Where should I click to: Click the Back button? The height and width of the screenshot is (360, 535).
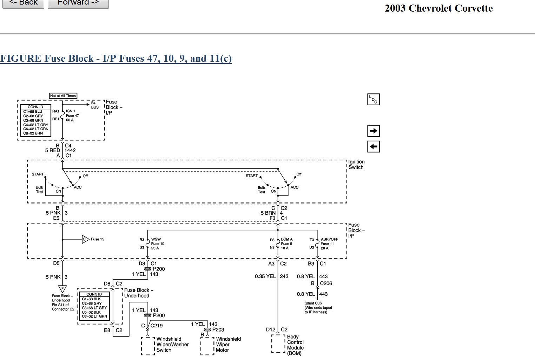pyautogui.click(x=23, y=3)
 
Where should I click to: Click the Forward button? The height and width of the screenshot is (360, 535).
pyautogui.click(x=78, y=3)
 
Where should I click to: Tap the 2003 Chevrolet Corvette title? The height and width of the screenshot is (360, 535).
pyautogui.click(x=438, y=8)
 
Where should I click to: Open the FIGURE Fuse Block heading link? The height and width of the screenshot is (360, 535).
pyautogui.click(x=116, y=58)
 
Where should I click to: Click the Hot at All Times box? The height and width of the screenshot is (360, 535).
pyautogui.click(x=63, y=96)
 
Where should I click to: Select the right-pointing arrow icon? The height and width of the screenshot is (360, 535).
pyautogui.click(x=374, y=131)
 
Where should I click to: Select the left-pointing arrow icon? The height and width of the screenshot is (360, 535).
pyautogui.click(x=374, y=147)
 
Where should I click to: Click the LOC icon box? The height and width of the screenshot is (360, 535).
pyautogui.click(x=374, y=100)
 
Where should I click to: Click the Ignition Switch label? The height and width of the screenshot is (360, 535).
pyautogui.click(x=356, y=165)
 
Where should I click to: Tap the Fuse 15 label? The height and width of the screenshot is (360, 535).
pyautogui.click(x=97, y=239)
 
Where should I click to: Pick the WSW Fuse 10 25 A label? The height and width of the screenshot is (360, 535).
pyautogui.click(x=157, y=244)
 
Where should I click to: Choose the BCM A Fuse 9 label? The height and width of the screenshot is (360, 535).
pyautogui.click(x=286, y=244)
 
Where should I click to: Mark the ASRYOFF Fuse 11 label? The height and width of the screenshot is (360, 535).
pyautogui.click(x=329, y=244)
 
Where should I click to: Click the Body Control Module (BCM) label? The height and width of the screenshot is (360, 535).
pyautogui.click(x=295, y=345)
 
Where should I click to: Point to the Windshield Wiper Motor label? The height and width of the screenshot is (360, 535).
pyautogui.click(x=228, y=344)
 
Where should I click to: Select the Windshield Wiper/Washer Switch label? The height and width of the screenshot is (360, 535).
pyautogui.click(x=172, y=344)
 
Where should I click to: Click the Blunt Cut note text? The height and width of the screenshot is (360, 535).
pyautogui.click(x=318, y=308)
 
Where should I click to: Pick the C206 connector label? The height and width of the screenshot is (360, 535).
pyautogui.click(x=326, y=284)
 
